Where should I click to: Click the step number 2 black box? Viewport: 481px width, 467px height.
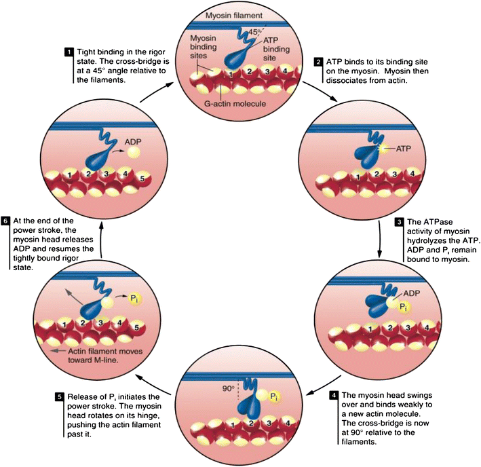pos(318,62)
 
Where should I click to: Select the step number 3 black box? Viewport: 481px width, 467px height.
pos(400,221)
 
